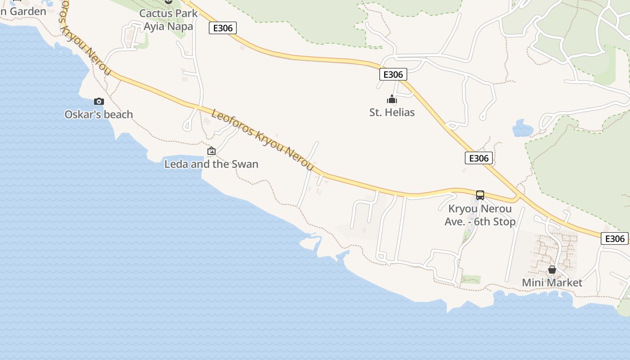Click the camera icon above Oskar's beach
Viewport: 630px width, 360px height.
(99, 102)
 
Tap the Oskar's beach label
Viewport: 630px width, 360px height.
(99, 115)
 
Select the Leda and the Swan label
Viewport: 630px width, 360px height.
(211, 164)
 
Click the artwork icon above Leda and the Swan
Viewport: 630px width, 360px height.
(211, 151)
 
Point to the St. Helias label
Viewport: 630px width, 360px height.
(392, 112)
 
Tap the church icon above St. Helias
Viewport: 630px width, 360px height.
(392, 99)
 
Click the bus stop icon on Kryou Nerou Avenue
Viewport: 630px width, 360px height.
(480, 195)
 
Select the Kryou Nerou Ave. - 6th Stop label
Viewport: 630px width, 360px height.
(480, 216)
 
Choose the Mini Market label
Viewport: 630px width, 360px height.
(552, 283)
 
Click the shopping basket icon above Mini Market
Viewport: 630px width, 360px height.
(552, 270)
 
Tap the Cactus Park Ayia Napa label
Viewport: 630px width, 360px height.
(168, 20)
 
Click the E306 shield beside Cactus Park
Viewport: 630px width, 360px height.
(223, 28)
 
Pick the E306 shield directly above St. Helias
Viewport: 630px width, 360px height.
(393, 75)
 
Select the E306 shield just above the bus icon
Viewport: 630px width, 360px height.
(478, 158)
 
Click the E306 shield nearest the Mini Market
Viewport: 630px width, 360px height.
(615, 238)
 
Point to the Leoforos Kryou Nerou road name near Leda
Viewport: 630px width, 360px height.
(262, 140)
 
